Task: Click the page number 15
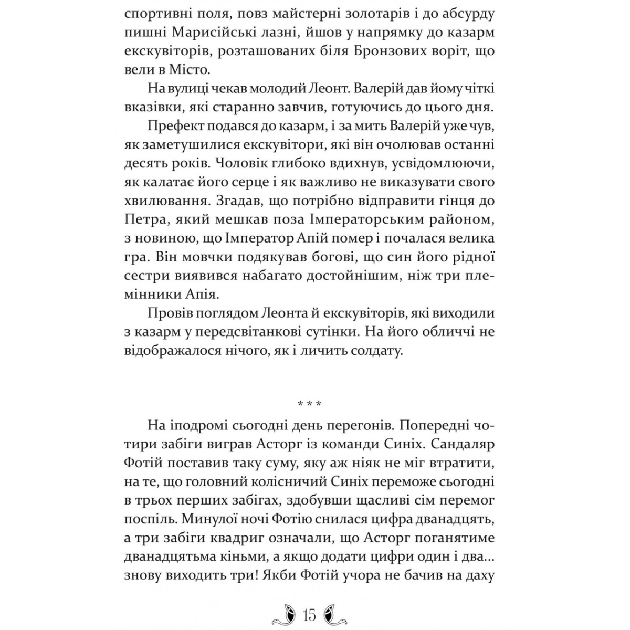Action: [309, 614]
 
